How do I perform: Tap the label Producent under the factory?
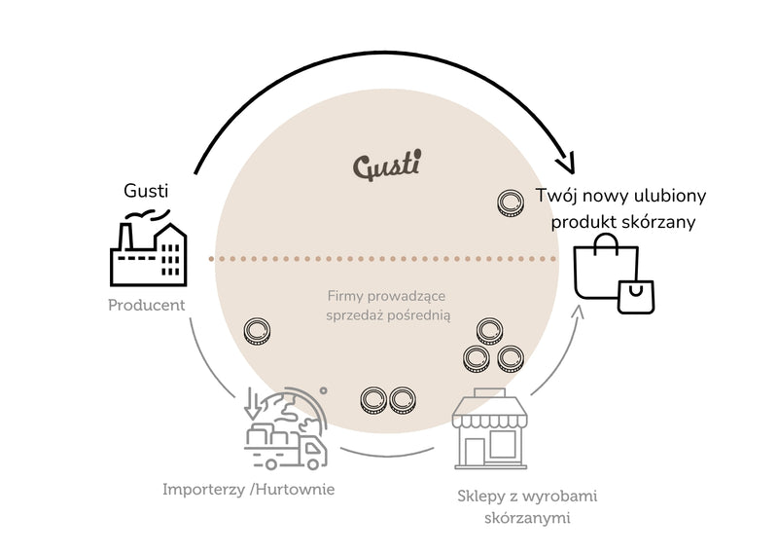point(147,305)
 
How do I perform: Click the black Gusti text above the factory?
point(146,191)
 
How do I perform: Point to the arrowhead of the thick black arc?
point(567,164)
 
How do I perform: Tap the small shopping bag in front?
point(636,297)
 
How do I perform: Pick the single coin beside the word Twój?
point(511,203)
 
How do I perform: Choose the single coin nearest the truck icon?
point(257,332)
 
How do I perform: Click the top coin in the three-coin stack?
point(490,331)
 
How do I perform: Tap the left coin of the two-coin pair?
point(373,400)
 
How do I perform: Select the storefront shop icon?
point(490,428)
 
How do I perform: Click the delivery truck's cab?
point(313,451)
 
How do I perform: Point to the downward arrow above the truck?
point(253,403)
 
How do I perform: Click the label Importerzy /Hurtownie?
point(249,490)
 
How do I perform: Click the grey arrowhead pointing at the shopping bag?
point(578,312)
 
